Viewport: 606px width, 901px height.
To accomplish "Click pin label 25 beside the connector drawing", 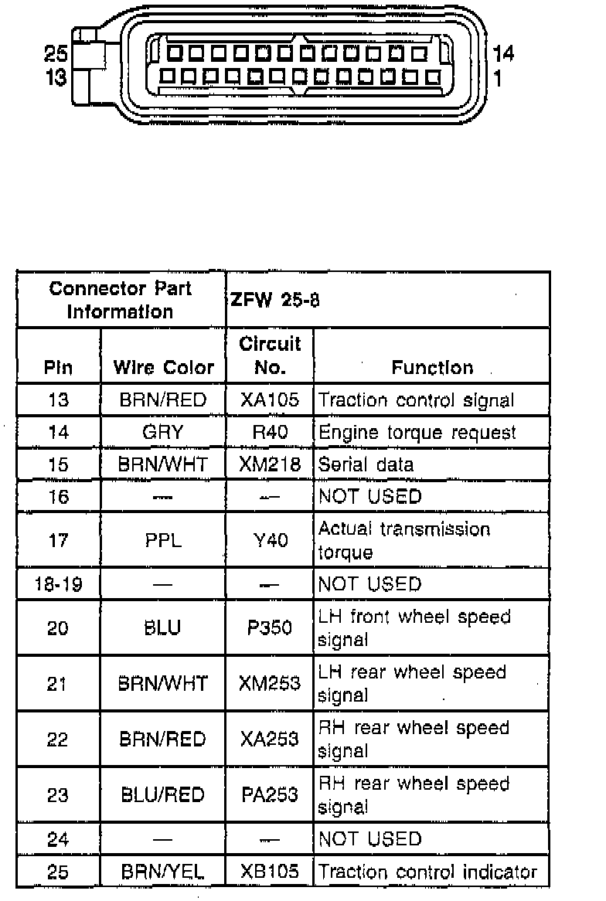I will pyautogui.click(x=56, y=54).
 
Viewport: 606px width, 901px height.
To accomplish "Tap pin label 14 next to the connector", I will pyautogui.click(x=503, y=53).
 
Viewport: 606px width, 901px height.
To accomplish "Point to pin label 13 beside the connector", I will pyautogui.click(x=56, y=77).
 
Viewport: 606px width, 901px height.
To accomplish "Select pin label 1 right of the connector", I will pyautogui.click(x=498, y=78).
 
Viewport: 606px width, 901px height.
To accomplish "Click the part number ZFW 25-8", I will pyautogui.click(x=274, y=300).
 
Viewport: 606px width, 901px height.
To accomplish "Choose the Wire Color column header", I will pyautogui.click(x=163, y=367).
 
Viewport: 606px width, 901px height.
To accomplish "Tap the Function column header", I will pyautogui.click(x=432, y=367).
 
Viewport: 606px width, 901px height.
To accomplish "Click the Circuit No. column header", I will pyautogui.click(x=270, y=355).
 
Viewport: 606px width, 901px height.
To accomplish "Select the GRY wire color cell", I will pyautogui.click(x=162, y=432).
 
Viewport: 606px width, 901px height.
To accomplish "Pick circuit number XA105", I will pyautogui.click(x=270, y=400).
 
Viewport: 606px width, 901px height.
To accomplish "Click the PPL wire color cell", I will pyautogui.click(x=162, y=540).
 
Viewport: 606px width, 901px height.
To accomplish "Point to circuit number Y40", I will pyautogui.click(x=270, y=540).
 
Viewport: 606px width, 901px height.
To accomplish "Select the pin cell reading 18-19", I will pyautogui.click(x=58, y=583).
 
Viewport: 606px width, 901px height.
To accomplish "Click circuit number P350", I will pyautogui.click(x=270, y=627).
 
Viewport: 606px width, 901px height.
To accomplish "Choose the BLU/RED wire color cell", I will pyautogui.click(x=162, y=795).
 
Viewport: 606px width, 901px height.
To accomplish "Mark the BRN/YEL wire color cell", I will pyautogui.click(x=162, y=872).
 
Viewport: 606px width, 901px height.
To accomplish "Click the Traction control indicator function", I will pyautogui.click(x=427, y=872).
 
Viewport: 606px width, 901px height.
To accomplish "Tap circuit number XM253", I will pyautogui.click(x=270, y=684).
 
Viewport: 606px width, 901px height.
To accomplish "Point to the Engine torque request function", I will pyautogui.click(x=417, y=432).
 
